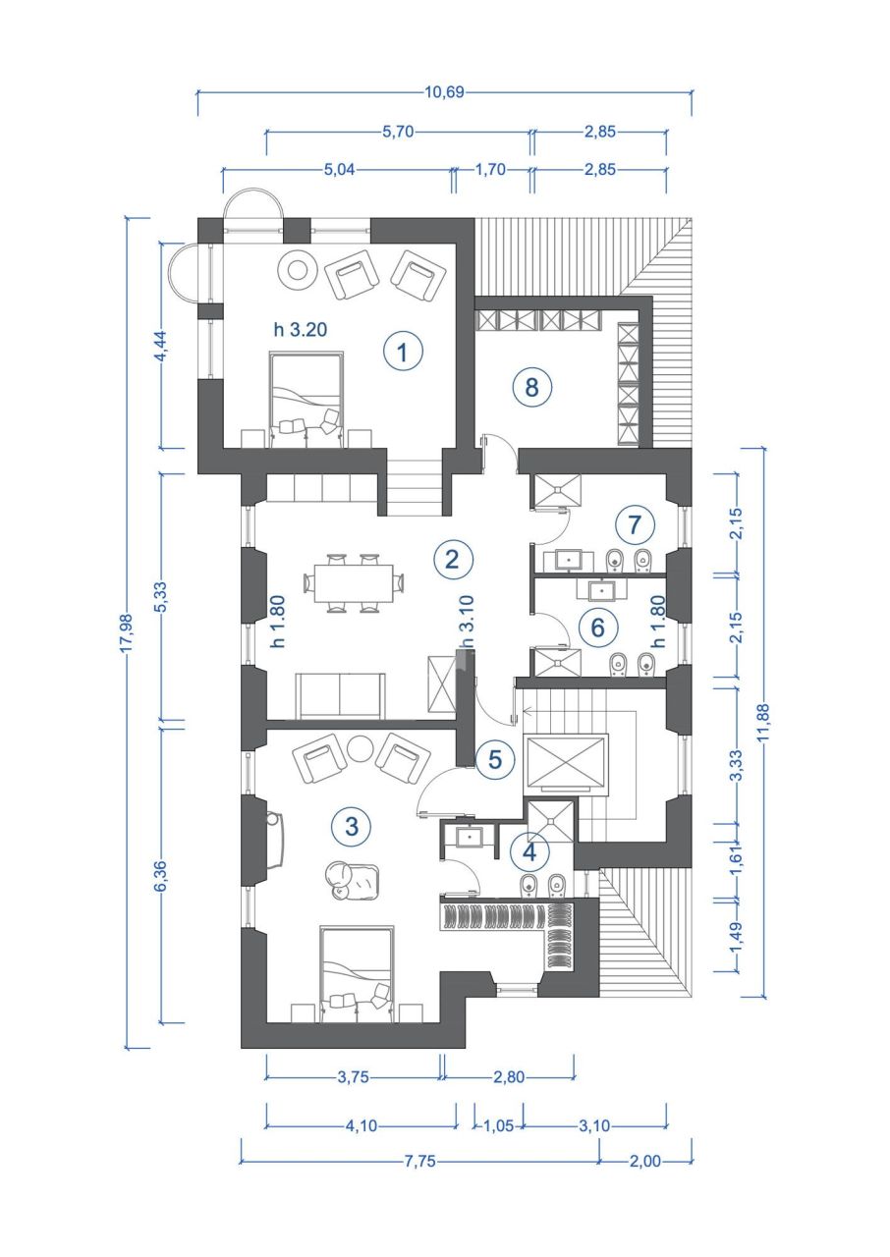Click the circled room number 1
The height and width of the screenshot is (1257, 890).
[x=403, y=351]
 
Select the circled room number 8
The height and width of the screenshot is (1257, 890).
[x=531, y=386]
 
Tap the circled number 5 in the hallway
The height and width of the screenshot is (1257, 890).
[x=495, y=758]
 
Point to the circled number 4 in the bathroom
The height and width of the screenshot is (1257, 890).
[x=530, y=851]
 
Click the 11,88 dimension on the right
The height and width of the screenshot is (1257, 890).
[x=765, y=722]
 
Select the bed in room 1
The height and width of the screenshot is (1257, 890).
[x=305, y=398]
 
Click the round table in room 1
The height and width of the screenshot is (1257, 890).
[x=296, y=267]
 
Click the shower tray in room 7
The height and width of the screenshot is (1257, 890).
[x=556, y=492]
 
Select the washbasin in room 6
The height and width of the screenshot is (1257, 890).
[x=602, y=590]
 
